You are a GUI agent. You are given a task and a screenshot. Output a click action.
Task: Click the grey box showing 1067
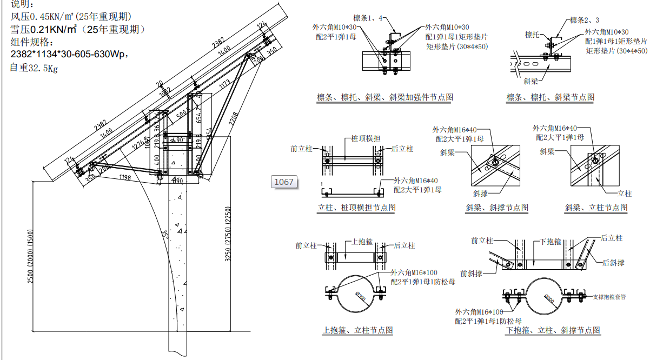(x=284, y=182)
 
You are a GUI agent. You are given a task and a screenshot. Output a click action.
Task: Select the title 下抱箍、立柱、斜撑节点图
(x=553, y=330)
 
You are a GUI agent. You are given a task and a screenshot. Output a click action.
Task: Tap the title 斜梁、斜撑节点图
(x=496, y=208)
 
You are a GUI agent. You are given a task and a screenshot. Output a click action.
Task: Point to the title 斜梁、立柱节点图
(x=596, y=208)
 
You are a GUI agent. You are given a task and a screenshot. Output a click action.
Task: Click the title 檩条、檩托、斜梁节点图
(x=550, y=97)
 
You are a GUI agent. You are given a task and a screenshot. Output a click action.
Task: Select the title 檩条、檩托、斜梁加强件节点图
(x=384, y=97)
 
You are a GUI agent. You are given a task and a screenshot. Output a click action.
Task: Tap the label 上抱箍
(x=362, y=242)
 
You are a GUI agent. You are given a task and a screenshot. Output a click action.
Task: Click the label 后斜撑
(x=613, y=263)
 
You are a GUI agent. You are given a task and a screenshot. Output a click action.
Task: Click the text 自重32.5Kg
(x=34, y=68)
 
